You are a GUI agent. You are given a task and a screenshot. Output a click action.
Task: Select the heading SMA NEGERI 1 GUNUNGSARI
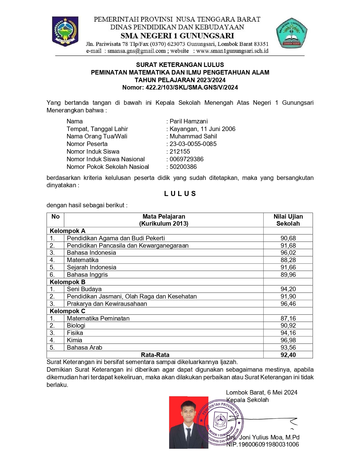[x=177, y=36]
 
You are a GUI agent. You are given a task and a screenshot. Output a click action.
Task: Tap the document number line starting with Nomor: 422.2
[x=180, y=88]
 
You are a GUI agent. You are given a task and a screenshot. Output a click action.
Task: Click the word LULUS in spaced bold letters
[x=180, y=194]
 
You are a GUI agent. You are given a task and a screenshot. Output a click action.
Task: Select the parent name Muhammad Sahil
[x=193, y=136]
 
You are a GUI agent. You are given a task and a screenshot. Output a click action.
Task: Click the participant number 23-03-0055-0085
[x=193, y=144]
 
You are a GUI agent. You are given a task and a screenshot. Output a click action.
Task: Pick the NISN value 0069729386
[x=186, y=159]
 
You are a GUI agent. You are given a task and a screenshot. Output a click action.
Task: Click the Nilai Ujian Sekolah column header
[x=288, y=220]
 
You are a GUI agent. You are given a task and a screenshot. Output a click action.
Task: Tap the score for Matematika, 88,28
[x=288, y=260]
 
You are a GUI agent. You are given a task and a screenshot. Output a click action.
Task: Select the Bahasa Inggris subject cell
[x=87, y=275]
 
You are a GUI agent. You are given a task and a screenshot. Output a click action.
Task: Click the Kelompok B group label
[x=67, y=282]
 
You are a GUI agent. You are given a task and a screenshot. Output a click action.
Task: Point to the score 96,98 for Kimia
[x=288, y=340]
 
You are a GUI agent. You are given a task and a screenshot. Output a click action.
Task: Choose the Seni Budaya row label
[x=84, y=289]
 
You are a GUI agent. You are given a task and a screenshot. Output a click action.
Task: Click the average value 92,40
[x=288, y=355]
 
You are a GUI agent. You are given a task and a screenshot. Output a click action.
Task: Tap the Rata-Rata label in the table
[x=155, y=355]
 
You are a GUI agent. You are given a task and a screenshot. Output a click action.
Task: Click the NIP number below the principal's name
[x=263, y=445]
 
